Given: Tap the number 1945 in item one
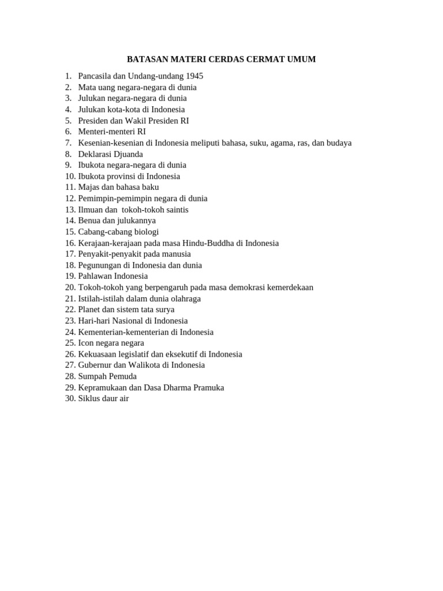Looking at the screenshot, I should click(x=193, y=76).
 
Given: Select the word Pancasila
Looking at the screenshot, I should click(x=96, y=76).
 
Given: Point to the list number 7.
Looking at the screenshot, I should click(x=68, y=143).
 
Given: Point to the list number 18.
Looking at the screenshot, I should click(x=70, y=265).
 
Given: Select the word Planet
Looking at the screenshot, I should click(x=90, y=310).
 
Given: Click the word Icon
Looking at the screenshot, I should click(x=87, y=343).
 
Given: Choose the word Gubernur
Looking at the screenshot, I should click(x=95, y=365).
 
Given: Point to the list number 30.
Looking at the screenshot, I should click(x=70, y=399).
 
